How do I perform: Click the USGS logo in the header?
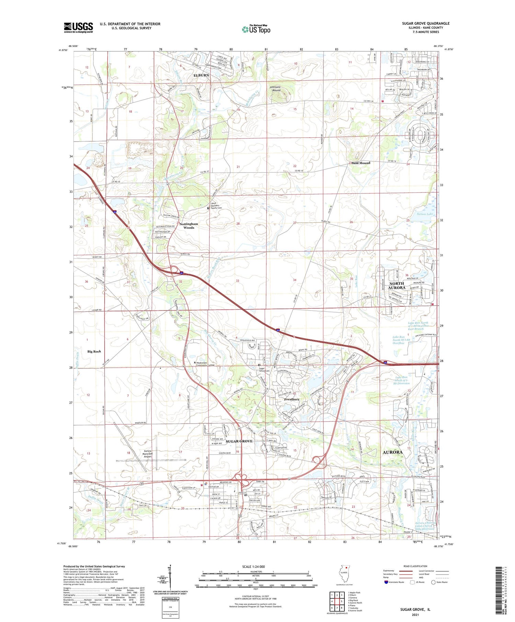pyautogui.click(x=78, y=27)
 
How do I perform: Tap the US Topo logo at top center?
pyautogui.click(x=256, y=30)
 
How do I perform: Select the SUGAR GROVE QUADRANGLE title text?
pyautogui.click(x=425, y=23)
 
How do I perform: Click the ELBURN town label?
pyautogui.click(x=201, y=75)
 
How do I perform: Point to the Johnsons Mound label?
pyautogui.click(x=275, y=89)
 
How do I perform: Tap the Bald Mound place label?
pyautogui.click(x=360, y=163)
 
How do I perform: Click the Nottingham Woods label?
pyautogui.click(x=188, y=225)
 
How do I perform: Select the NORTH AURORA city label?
pyautogui.click(x=397, y=285)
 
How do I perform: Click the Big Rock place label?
pyautogui.click(x=94, y=351)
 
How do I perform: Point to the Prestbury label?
pyautogui.click(x=291, y=399)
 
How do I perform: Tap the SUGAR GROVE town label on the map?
pyautogui.click(x=239, y=441)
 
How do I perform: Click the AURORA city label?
pyautogui.click(x=392, y=452)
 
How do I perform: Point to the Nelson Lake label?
pyautogui.click(x=425, y=214)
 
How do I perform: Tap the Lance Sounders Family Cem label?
pyautogui.click(x=216, y=206)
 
